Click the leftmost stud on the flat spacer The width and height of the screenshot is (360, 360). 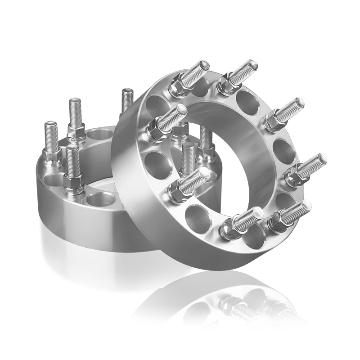tap(51, 135)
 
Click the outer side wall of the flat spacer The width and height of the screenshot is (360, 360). tap(67, 216)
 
